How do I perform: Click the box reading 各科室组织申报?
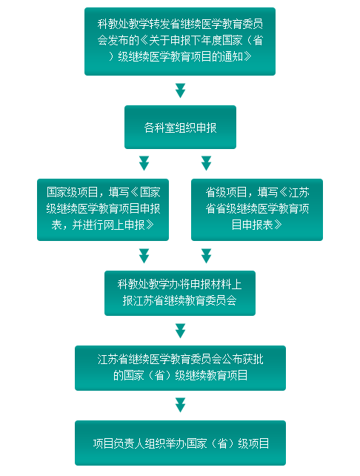pos(180,127)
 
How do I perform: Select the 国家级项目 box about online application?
pos(103,210)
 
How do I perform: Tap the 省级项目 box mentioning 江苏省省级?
pos(257,210)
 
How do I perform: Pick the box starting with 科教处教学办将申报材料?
pos(180,293)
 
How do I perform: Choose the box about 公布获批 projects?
pos(180,368)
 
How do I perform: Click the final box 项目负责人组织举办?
pos(180,443)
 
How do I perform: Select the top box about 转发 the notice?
pos(180,42)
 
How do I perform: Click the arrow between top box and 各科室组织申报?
pos(180,90)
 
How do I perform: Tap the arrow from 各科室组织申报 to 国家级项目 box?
pos(144,163)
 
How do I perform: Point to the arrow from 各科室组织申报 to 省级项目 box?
pos(206,163)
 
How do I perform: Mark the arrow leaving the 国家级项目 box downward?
pos(144,256)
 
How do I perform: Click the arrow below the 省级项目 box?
pos(206,256)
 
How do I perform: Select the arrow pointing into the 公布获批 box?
pos(180,331)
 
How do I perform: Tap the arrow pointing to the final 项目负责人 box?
pos(180,405)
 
